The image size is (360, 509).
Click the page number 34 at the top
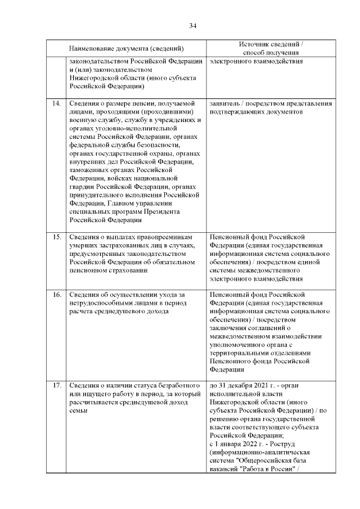click(x=192, y=26)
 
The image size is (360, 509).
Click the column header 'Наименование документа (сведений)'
click(x=127, y=48)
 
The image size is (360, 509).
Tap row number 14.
click(x=56, y=103)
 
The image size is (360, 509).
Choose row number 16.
click(x=56, y=295)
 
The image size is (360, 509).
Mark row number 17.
click(x=56, y=385)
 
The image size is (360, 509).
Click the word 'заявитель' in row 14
click(x=224, y=103)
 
